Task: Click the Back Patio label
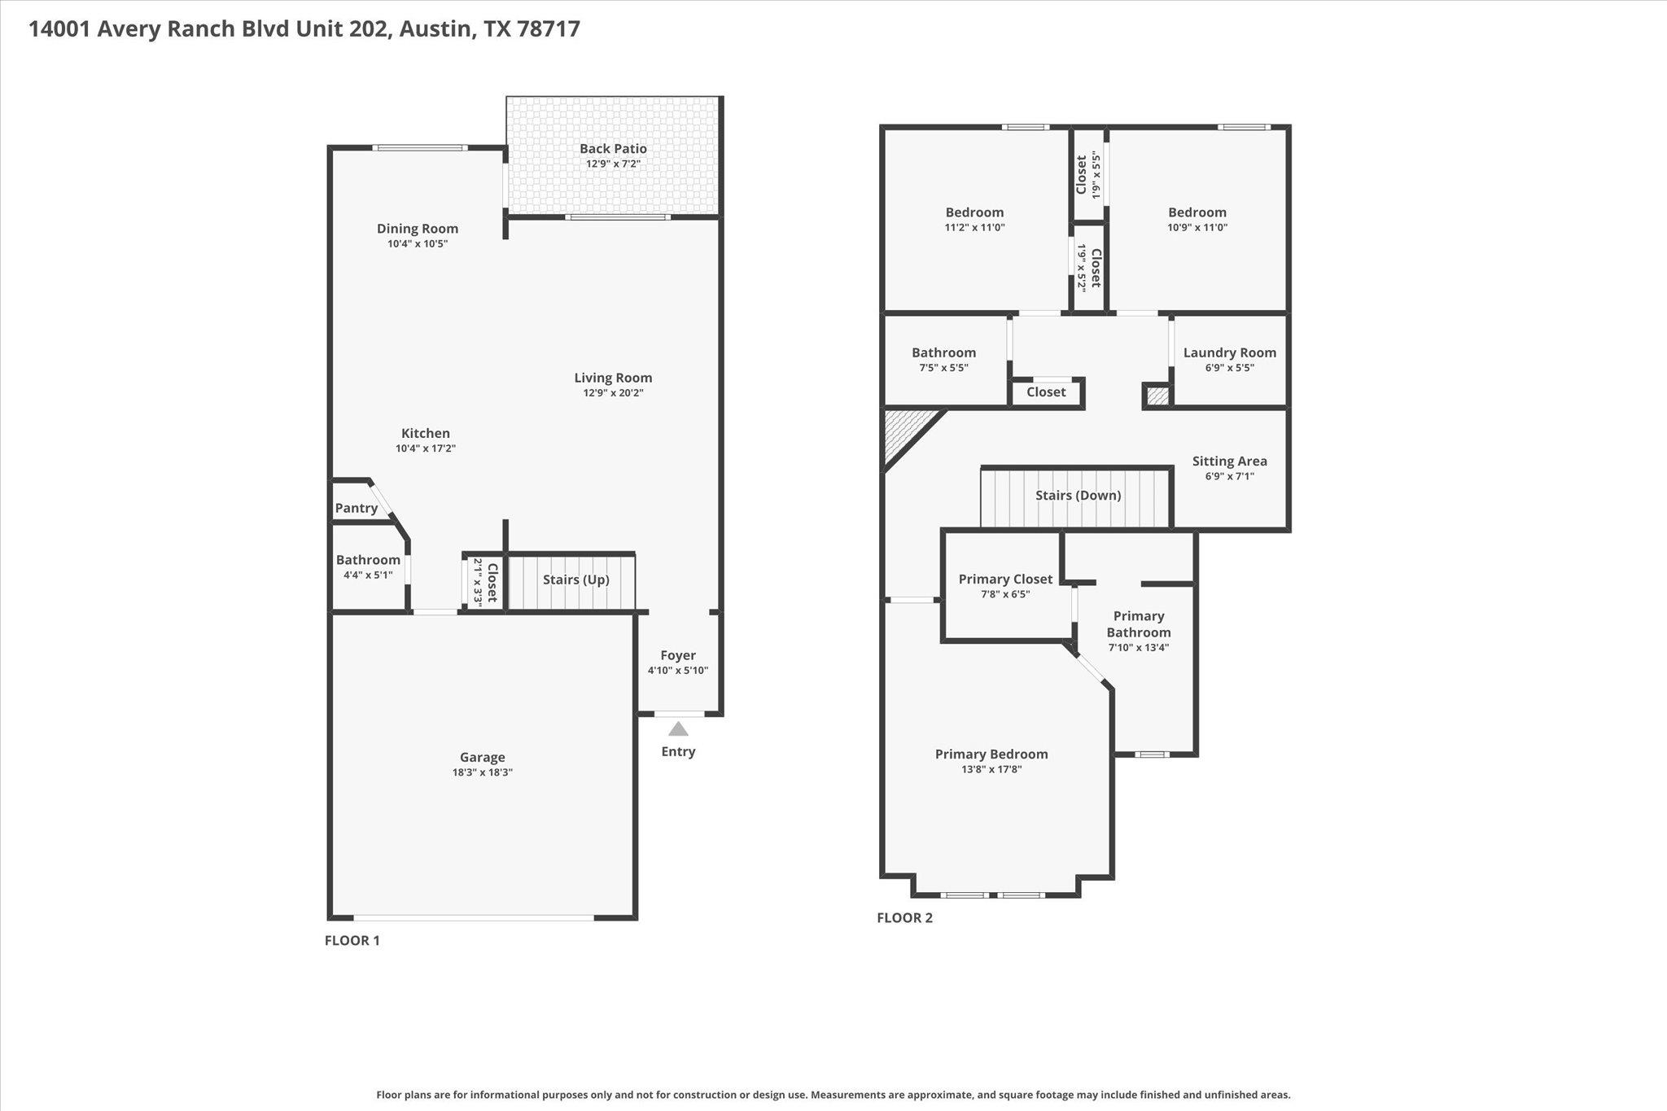click(x=613, y=149)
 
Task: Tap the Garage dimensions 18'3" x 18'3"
click(x=483, y=772)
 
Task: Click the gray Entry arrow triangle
click(x=678, y=728)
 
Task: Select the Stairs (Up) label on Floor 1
click(x=575, y=580)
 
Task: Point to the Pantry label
click(x=357, y=509)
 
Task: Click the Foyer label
click(x=678, y=655)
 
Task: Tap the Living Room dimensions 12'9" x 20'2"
click(x=613, y=393)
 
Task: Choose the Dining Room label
click(x=418, y=229)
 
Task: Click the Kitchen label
click(x=426, y=433)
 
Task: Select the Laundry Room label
click(x=1229, y=352)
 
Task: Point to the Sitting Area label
click(x=1229, y=461)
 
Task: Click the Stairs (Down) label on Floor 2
click(x=1078, y=495)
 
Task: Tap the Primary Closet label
click(x=1005, y=579)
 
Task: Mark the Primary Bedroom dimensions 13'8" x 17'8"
click(x=991, y=769)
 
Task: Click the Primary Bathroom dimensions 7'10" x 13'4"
click(x=1139, y=648)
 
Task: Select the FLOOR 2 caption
click(x=904, y=918)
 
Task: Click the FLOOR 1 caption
click(x=352, y=941)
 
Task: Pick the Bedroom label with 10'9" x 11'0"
click(x=1197, y=212)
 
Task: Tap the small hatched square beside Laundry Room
click(x=1157, y=396)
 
